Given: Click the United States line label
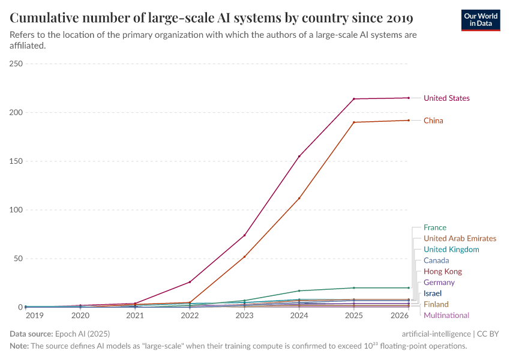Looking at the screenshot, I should (446, 98).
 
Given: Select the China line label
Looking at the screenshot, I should (433, 121).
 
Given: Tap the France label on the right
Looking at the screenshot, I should (435, 227).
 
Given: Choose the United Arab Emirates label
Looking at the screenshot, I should (460, 238).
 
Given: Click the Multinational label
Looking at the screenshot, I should (446, 315).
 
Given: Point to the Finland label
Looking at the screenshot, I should (436, 304).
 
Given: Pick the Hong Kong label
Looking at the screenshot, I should (443, 271).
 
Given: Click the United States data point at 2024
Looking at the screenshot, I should (299, 156).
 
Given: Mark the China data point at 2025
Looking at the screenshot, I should (354, 122).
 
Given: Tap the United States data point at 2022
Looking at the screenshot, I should (190, 282).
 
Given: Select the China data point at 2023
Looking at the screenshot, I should (245, 257).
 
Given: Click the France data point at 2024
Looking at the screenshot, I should (299, 291).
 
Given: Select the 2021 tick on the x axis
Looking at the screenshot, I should (135, 315).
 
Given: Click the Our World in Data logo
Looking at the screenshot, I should (480, 19).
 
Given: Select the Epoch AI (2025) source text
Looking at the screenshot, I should (83, 334).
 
